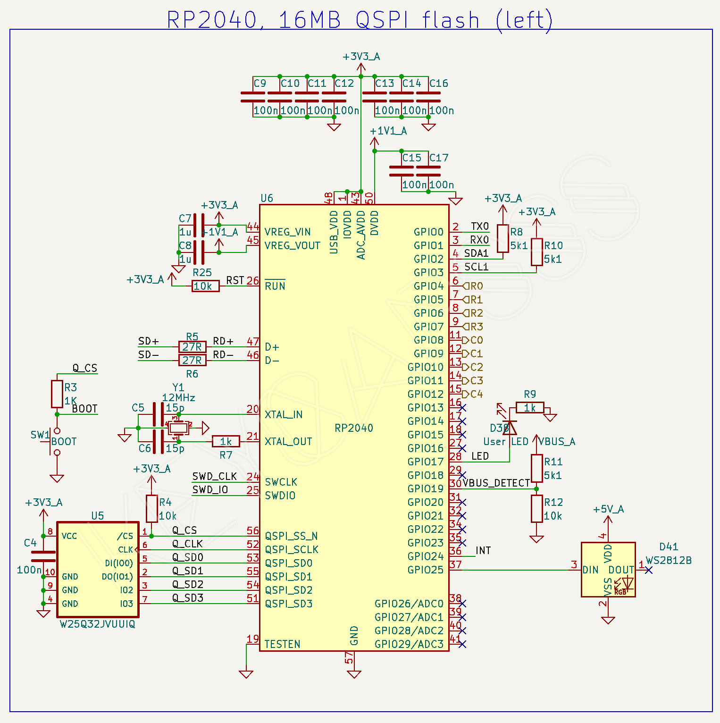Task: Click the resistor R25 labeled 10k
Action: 205,286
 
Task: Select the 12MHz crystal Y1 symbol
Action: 178,428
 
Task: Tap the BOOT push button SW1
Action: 56,442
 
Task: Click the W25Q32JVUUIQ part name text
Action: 97,624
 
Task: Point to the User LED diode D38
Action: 510,427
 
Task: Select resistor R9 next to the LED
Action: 530,408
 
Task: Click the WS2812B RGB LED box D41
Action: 608,570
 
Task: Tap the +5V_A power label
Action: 608,510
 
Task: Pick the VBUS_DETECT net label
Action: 496,483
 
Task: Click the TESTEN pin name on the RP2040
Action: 282,645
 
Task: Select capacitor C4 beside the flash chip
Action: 43,556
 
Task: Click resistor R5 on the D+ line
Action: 192,347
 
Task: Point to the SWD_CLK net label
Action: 215,477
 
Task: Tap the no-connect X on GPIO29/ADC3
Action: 462,644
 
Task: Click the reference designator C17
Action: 438,158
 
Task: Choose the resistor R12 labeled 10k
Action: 536,509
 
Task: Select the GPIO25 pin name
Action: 426,570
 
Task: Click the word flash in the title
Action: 450,21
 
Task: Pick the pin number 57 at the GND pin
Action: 349,657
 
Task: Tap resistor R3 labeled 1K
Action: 57,394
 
